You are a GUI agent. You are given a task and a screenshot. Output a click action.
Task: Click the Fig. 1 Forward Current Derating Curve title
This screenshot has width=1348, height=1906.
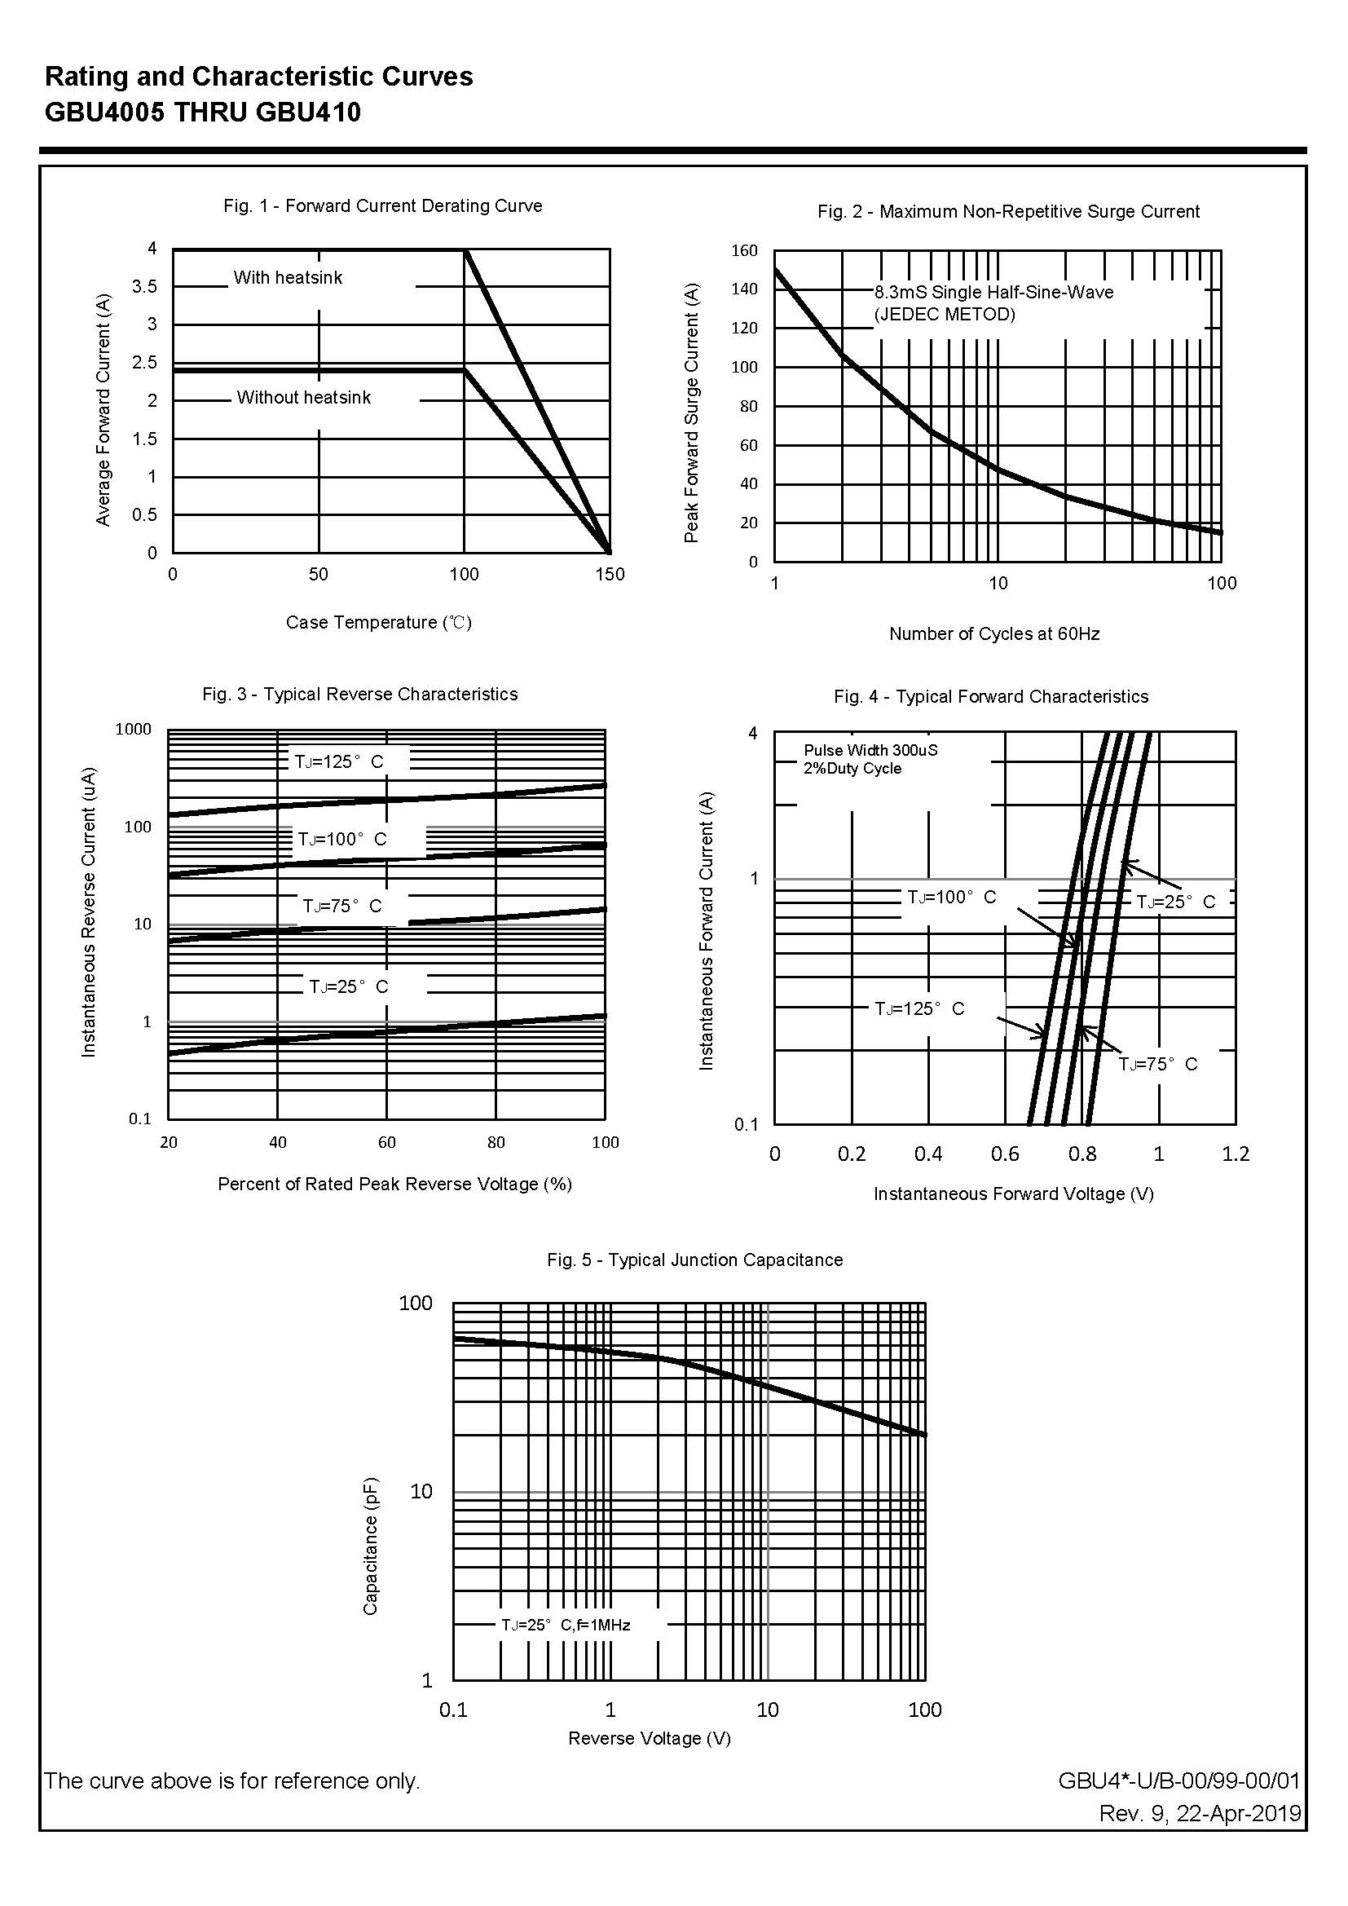383,206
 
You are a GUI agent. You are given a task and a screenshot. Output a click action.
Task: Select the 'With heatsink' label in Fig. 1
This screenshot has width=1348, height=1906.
287,277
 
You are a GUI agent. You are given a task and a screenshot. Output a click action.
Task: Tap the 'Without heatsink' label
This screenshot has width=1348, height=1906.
304,397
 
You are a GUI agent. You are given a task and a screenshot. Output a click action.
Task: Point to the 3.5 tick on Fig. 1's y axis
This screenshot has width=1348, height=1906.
144,286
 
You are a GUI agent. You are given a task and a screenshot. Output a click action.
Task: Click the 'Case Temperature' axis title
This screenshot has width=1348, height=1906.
378,622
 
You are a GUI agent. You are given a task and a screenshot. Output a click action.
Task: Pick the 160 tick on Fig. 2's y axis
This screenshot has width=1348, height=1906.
745,251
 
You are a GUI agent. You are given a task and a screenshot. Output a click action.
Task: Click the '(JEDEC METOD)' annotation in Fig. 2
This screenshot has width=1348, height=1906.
945,314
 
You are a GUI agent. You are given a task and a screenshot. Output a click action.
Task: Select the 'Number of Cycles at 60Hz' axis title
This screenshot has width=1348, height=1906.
994,633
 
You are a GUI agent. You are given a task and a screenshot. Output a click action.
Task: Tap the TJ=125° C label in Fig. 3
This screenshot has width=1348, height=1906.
340,761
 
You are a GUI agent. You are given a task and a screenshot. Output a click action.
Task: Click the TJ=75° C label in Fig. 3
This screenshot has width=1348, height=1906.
342,906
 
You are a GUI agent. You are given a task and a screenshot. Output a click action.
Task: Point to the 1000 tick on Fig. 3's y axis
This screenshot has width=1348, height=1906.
134,729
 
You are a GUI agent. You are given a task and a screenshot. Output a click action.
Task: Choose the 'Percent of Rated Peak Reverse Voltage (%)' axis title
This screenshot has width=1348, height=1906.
394,1184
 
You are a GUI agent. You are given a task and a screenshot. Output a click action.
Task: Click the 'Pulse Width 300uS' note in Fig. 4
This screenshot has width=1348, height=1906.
870,750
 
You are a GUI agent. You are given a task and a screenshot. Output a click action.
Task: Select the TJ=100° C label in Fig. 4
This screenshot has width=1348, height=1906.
951,897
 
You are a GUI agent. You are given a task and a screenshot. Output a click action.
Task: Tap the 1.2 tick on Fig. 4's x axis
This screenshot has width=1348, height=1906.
1235,1154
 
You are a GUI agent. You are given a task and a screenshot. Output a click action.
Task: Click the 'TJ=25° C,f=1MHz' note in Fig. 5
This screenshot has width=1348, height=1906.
566,1625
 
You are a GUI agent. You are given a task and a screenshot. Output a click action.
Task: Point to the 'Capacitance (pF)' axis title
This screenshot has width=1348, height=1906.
370,1546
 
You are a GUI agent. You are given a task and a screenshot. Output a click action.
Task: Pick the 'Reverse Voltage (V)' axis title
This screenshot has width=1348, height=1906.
649,1737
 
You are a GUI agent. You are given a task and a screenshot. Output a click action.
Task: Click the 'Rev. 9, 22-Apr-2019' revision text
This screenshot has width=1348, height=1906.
1200,1813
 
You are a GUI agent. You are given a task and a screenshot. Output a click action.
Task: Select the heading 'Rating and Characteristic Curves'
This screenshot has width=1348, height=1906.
259,77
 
